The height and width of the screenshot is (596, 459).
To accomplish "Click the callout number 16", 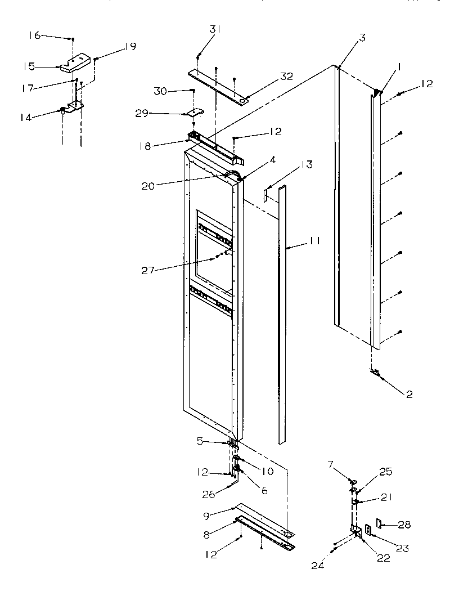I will (x=35, y=35).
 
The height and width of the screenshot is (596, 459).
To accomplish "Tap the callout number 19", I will (x=130, y=47).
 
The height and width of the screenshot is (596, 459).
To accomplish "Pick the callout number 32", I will (x=287, y=77).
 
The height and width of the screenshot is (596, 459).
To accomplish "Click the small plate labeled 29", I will (x=195, y=114).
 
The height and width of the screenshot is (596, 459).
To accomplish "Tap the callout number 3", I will (x=362, y=38).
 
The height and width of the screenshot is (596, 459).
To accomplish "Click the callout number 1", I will (x=398, y=66).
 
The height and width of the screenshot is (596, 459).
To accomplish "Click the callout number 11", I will (x=314, y=240).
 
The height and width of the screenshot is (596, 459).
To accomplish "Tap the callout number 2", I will (x=409, y=395).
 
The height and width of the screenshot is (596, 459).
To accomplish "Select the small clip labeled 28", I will (x=382, y=525).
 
